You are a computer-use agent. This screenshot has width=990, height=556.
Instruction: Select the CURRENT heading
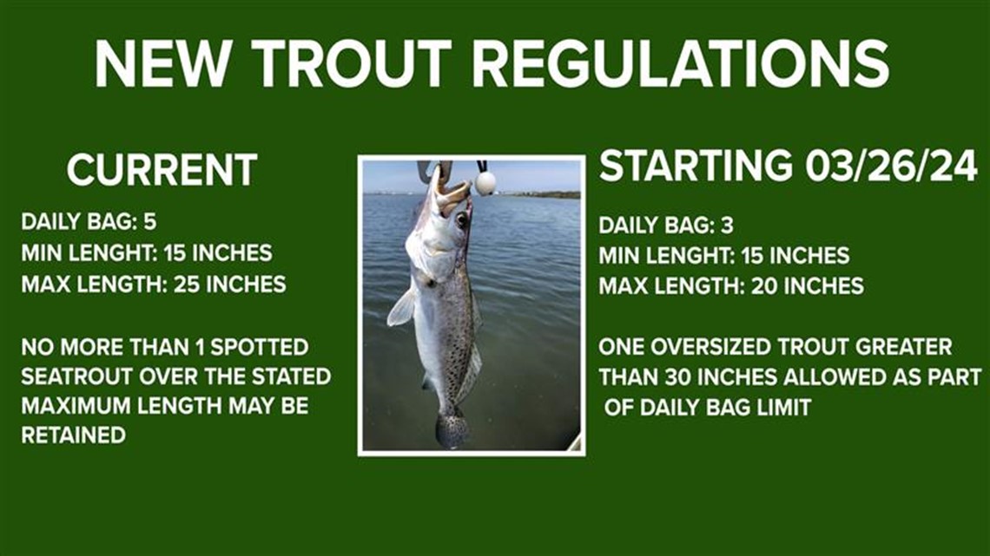[x=162, y=170]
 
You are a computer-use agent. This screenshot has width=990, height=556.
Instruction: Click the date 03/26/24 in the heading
[x=890, y=166]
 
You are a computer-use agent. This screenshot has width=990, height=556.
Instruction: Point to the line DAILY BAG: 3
[x=665, y=226]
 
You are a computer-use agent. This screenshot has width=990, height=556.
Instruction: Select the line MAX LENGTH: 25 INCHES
[x=153, y=284]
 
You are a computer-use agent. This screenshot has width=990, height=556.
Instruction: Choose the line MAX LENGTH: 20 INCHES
[x=730, y=285]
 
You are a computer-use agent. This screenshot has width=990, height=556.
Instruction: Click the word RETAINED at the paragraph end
[x=73, y=435]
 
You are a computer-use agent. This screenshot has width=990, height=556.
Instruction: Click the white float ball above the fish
[x=485, y=182]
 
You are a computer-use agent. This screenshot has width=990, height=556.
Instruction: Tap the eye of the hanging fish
[x=460, y=220]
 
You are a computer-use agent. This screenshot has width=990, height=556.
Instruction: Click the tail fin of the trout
[x=452, y=429]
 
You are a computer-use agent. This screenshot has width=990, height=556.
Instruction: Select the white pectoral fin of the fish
[x=401, y=308]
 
